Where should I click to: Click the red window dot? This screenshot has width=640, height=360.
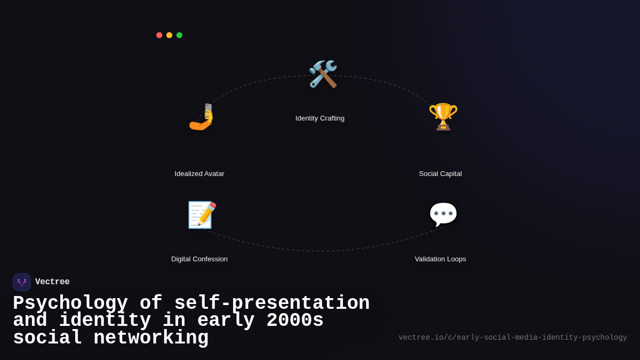click(159, 35)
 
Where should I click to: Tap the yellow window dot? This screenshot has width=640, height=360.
click(169, 35)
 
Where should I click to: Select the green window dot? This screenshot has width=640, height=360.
click(179, 35)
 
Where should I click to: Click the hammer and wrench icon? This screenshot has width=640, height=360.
click(323, 74)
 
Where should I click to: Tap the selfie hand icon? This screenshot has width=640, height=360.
click(201, 117)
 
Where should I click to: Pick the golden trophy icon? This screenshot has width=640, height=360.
click(443, 116)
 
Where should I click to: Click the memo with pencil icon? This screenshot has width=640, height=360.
click(202, 215)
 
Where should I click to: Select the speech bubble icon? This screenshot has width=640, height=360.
click(443, 214)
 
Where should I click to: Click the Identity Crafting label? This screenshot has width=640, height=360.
click(320, 118)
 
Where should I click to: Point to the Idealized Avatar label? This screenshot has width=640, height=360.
click(199, 174)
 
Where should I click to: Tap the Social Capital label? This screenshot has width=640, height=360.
click(441, 174)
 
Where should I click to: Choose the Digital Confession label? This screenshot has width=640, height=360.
click(199, 259)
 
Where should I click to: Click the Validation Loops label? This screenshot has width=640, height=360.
click(441, 259)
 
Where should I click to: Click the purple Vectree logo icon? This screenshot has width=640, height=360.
click(22, 282)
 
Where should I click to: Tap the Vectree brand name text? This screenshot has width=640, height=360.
click(52, 282)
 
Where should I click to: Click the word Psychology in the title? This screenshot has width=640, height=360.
click(70, 303)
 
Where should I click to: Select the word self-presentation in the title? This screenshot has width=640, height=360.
click(272, 303)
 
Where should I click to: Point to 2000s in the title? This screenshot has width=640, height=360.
click(295, 321)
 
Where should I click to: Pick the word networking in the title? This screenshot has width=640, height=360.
click(151, 338)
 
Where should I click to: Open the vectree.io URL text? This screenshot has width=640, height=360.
click(513, 338)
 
